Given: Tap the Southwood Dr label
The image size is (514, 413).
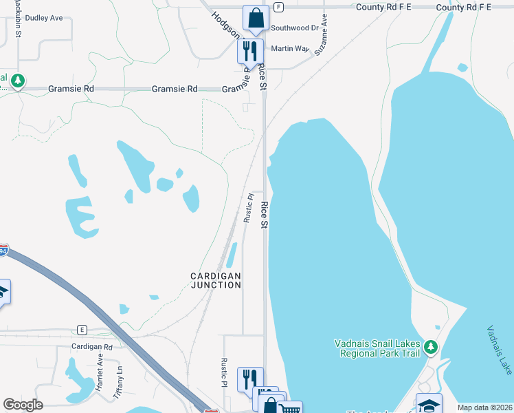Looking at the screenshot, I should [295, 28].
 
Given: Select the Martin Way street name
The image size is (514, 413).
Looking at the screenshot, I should [290, 49].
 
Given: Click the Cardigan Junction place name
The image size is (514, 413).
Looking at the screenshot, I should [216, 280].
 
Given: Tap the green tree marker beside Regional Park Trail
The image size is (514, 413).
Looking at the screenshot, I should [431, 346].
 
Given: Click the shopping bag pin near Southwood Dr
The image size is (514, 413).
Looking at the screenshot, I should [256, 19].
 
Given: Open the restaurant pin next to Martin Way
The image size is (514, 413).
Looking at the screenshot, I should [249, 50].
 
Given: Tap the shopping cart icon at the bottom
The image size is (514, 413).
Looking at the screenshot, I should [291, 409].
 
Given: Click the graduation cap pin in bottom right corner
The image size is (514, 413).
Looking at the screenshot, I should [429, 405].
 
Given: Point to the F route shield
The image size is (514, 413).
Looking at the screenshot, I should [278, 7].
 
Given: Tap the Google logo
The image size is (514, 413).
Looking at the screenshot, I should [23, 405].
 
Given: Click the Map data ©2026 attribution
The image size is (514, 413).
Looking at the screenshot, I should [484, 407].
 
